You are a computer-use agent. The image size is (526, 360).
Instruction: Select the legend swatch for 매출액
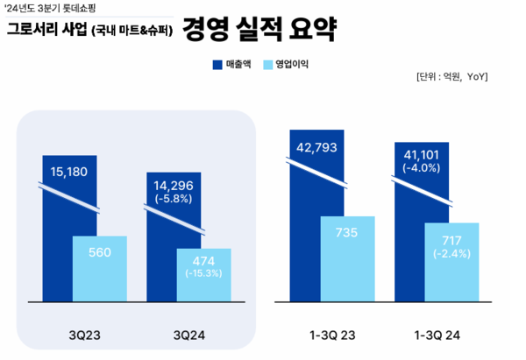217,64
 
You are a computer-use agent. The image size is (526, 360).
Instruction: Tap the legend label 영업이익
291,64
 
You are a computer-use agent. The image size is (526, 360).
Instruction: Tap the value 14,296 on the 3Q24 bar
174,185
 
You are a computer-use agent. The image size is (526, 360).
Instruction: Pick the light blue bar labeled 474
203,273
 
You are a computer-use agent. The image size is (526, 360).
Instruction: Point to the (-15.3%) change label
203,272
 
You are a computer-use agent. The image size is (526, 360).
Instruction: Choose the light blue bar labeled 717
451,261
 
